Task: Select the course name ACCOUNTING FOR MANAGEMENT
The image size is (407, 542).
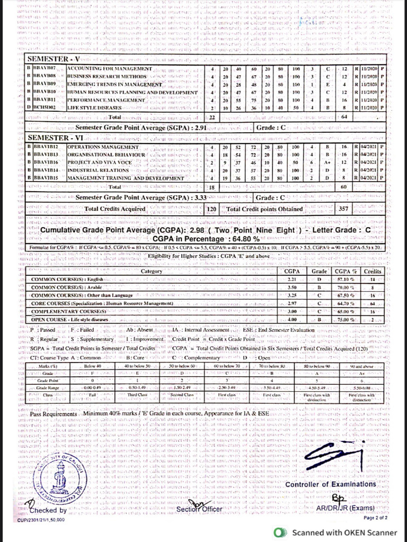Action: pos(110,70)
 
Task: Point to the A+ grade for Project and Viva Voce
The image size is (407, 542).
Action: pos(329,161)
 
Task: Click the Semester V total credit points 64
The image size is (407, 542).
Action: pos(343,116)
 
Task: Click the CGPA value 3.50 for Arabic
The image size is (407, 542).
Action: pos(291,287)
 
